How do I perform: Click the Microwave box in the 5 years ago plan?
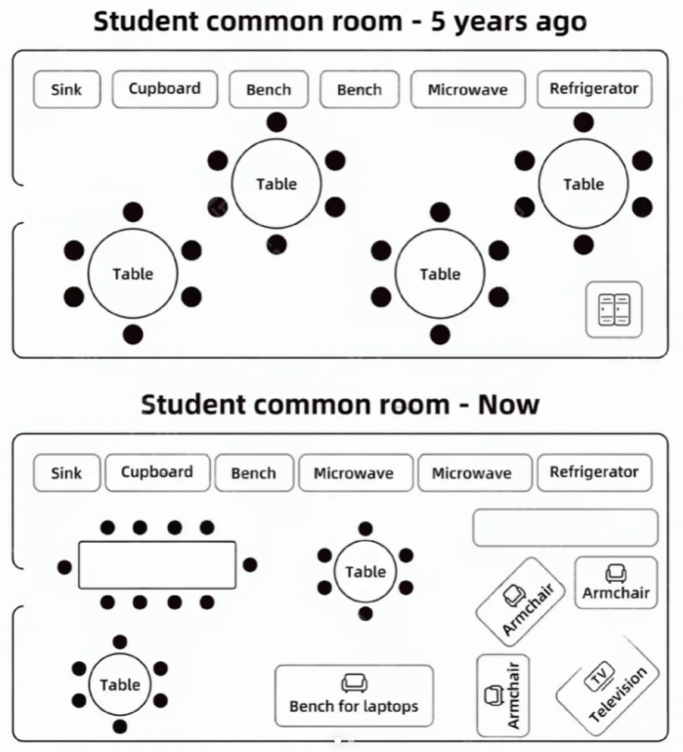tap(468, 89)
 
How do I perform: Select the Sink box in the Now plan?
tap(66, 473)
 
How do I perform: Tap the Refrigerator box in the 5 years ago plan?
tap(594, 89)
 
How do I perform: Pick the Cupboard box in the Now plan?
tap(157, 473)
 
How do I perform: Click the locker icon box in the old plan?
tap(614, 310)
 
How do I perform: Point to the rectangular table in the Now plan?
tap(157, 565)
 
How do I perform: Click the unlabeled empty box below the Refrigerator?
tap(566, 527)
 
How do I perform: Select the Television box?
tap(608, 686)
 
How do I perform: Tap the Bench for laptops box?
tap(354, 696)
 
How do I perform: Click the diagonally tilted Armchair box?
tap(521, 597)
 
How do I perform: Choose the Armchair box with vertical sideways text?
tap(503, 695)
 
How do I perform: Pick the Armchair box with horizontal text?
tap(616, 583)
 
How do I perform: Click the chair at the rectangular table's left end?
tap(64, 567)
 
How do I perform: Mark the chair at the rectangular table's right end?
tap(250, 565)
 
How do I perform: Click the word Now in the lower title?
tap(508, 405)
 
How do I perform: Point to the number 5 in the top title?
tap(438, 22)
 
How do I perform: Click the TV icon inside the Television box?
tap(599, 677)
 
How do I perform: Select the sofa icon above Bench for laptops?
tap(354, 683)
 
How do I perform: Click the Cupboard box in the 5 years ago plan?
tap(165, 89)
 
